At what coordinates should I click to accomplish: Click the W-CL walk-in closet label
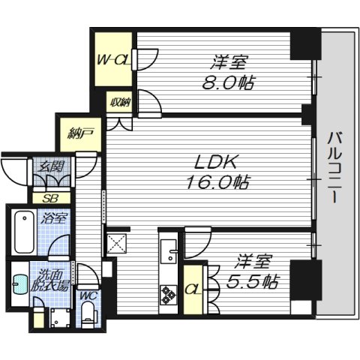click(x=114, y=60)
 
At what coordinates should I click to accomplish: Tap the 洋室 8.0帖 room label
click(x=228, y=73)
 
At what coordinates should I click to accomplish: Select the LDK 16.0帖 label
click(x=217, y=172)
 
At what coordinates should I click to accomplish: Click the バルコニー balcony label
click(x=334, y=167)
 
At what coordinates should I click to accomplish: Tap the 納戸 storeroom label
click(x=80, y=133)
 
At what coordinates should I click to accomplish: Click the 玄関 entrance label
click(x=52, y=166)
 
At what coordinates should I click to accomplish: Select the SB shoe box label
click(x=50, y=198)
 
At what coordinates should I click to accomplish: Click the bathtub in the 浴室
click(x=24, y=232)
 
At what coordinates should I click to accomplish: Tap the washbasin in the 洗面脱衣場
click(x=20, y=285)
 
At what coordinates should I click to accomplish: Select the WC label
click(x=88, y=296)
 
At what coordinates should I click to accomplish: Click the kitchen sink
click(x=169, y=251)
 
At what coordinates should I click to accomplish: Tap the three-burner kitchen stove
click(x=169, y=295)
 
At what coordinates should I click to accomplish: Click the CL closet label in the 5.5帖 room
click(x=193, y=289)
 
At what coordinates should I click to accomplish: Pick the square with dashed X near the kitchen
click(x=117, y=244)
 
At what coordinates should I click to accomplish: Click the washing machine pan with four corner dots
click(x=60, y=318)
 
